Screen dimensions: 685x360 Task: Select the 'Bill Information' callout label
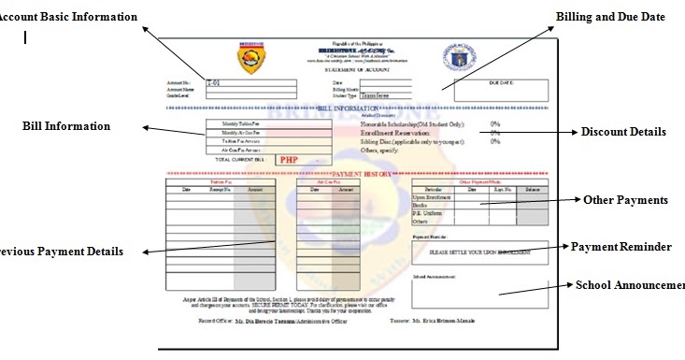(x=66, y=126)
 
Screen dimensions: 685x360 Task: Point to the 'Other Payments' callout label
(x=625, y=200)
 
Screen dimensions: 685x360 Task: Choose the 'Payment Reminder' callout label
(x=621, y=247)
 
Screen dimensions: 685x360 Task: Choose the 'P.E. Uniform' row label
(x=428, y=212)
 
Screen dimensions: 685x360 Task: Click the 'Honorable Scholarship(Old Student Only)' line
(x=412, y=123)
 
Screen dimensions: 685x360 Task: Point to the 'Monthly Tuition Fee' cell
(x=242, y=123)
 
